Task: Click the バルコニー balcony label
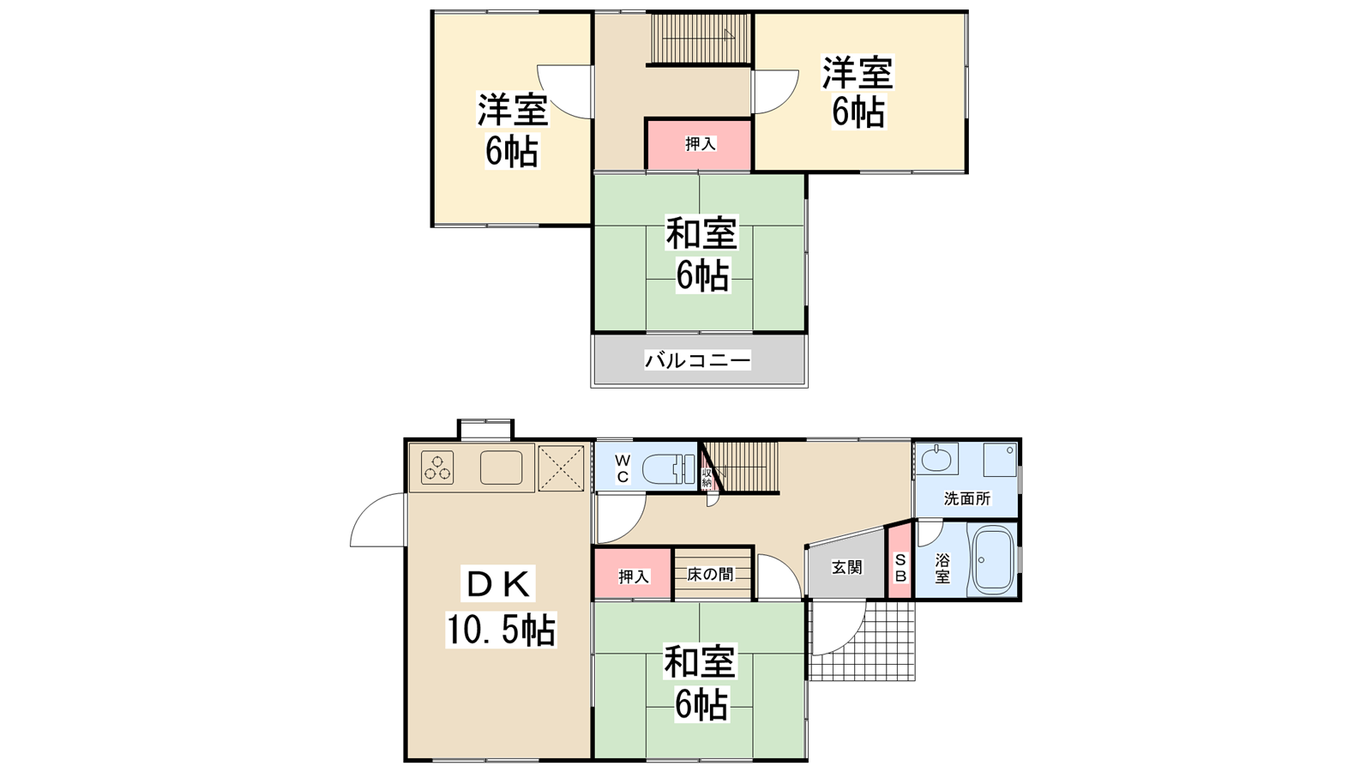[x=697, y=360]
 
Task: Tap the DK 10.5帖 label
[x=501, y=606]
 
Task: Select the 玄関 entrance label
[x=847, y=567]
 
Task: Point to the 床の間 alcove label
[x=711, y=574]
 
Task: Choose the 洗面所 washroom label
[x=966, y=498]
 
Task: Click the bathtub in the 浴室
[x=992, y=559]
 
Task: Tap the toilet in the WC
[x=669, y=469]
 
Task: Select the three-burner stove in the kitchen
[x=437, y=467]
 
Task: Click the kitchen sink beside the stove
[x=501, y=467]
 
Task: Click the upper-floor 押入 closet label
[x=700, y=144]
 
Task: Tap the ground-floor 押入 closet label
[x=634, y=576]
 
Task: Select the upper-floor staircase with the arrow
[x=701, y=38]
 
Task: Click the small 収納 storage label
[x=707, y=478]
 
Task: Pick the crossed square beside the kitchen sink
[x=561, y=468]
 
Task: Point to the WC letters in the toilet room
[x=623, y=468]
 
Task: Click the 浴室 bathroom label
[x=942, y=568]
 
